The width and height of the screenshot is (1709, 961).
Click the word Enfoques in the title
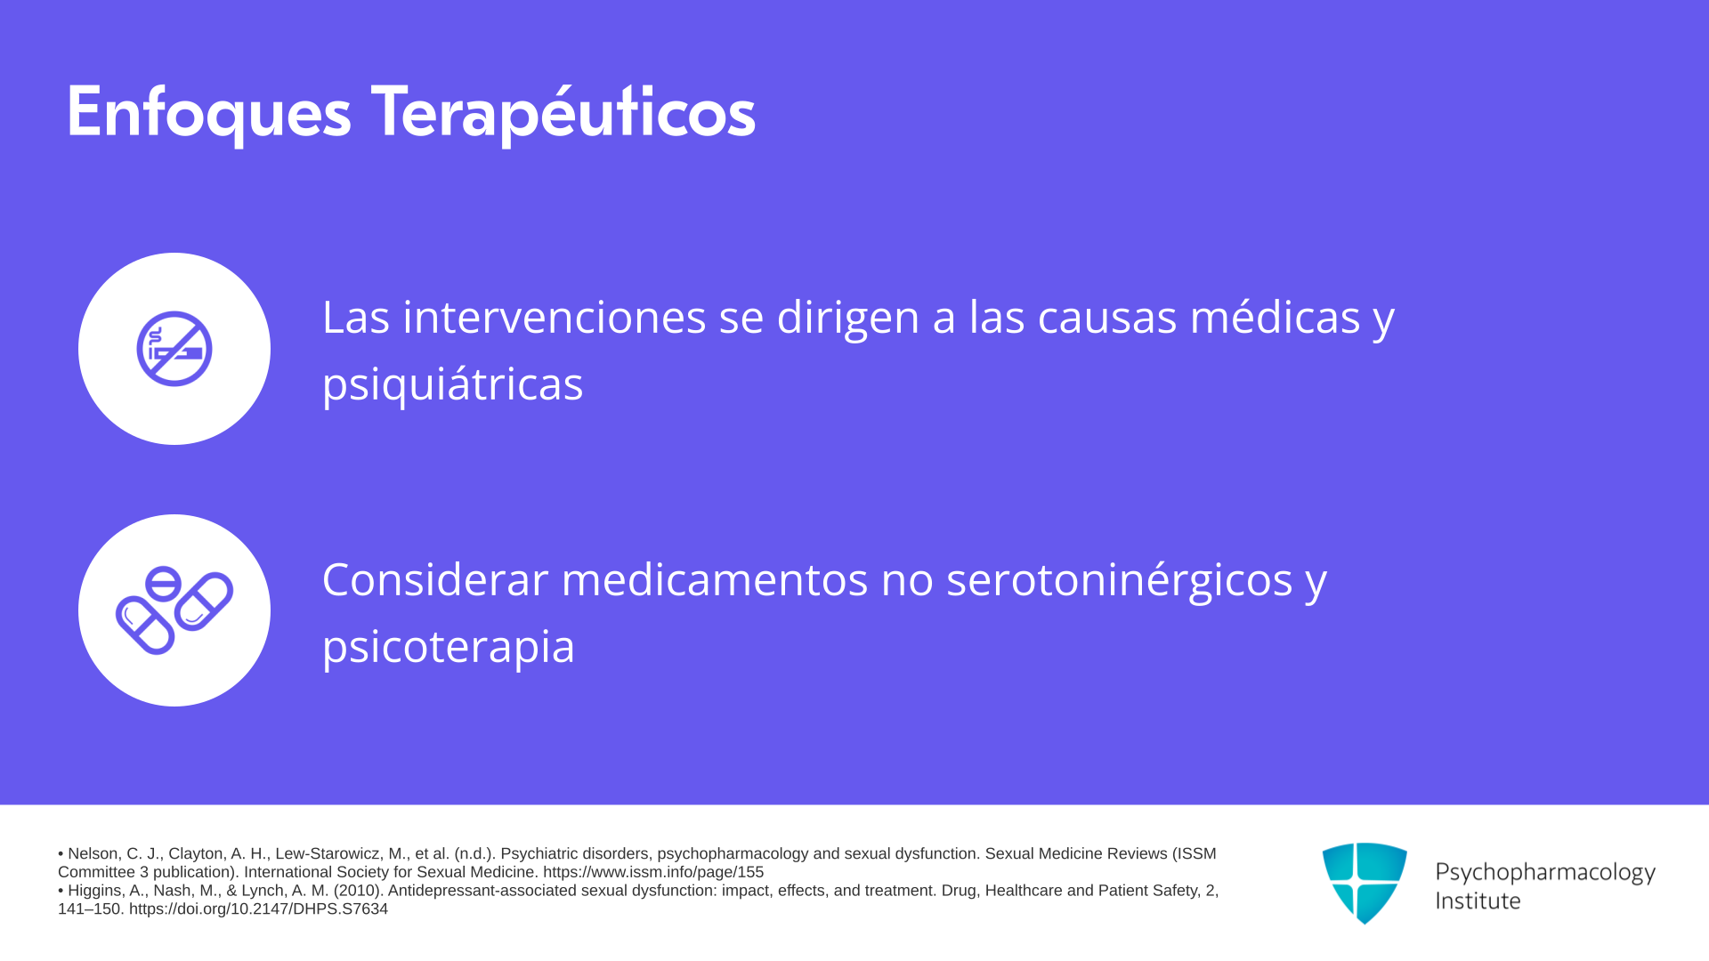pos(209,114)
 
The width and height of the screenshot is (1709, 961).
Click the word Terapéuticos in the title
pos(563,112)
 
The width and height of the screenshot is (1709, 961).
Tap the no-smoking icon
pos(174,349)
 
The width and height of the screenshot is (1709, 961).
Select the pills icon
pos(174,610)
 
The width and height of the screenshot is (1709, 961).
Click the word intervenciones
pos(555,317)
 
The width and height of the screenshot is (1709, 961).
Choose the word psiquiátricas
pos(453,384)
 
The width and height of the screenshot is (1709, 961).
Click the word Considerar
pos(435,579)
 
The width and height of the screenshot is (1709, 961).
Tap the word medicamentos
pos(715,579)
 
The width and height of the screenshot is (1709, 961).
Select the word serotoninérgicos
pos(1120,580)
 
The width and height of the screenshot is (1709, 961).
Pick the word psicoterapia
pos(449,647)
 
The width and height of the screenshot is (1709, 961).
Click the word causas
pos(1107,318)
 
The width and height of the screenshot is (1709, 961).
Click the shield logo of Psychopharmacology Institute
pos(1365,883)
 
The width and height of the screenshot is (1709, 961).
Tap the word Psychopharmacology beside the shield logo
pos(1545,873)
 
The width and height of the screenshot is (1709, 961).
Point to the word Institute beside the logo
pos(1478,900)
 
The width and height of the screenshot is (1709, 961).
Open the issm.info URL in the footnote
pos(653,873)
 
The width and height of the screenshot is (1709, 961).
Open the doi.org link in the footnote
pos(258,909)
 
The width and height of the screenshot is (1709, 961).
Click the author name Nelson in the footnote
pos(93,854)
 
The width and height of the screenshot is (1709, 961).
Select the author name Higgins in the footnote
pos(95,891)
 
